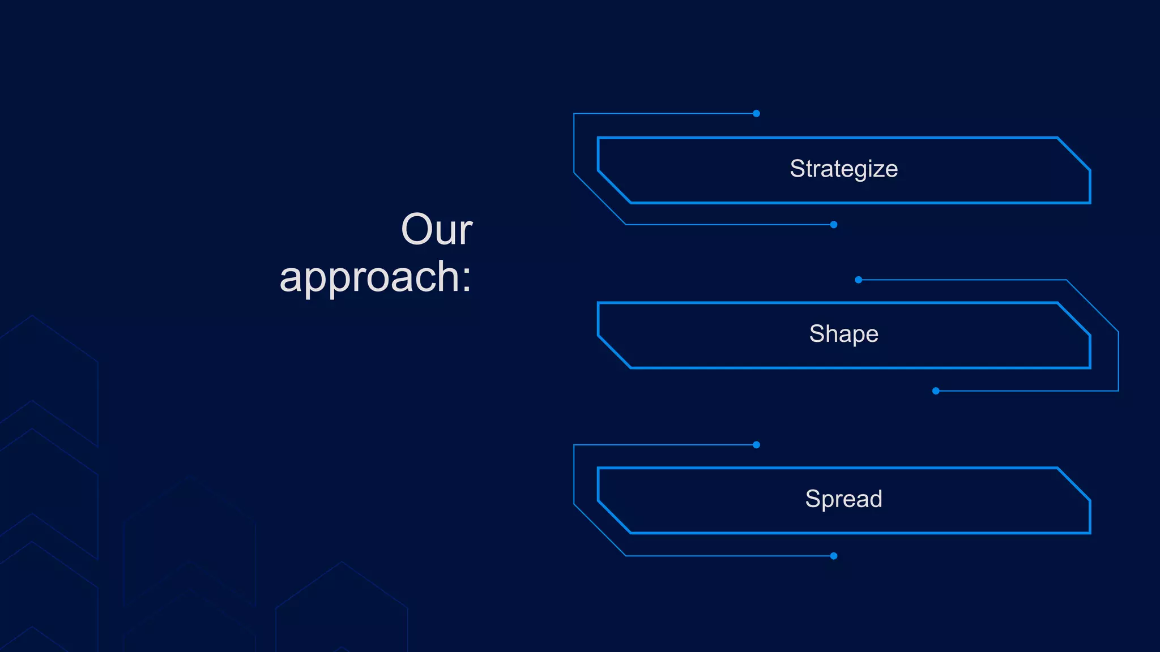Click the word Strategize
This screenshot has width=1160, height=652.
843,169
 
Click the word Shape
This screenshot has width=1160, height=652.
843,334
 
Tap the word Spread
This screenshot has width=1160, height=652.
843,499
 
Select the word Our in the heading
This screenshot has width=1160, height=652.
436,229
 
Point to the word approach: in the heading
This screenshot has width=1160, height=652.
375,277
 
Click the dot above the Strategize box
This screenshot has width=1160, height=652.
756,114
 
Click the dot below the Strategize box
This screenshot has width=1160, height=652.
834,225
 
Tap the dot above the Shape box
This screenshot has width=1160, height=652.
859,280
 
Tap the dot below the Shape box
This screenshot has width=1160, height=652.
936,391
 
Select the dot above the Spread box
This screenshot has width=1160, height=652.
756,445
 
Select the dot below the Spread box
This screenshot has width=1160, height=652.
834,556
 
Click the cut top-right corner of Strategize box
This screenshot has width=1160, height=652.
1073,154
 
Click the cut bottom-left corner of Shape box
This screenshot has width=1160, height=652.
615,352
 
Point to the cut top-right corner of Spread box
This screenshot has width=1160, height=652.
1073,484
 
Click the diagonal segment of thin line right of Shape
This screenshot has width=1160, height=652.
1092,306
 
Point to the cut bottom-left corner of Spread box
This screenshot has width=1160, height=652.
615,517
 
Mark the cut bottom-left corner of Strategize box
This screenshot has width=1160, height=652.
615,187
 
